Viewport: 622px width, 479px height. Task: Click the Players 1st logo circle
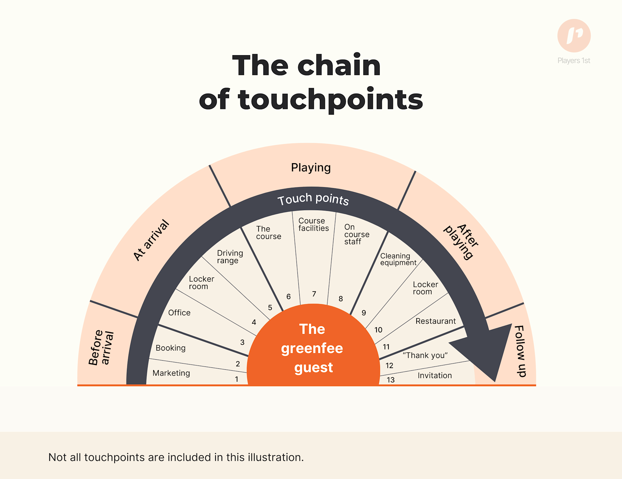[x=574, y=36]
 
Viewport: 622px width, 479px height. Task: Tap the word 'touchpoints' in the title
[x=330, y=100]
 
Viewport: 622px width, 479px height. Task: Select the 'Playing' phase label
[x=311, y=168]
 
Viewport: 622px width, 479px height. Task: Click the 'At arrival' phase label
[x=151, y=240]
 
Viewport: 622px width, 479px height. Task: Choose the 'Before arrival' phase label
[x=101, y=348]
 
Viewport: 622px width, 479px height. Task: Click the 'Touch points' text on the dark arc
[x=313, y=199]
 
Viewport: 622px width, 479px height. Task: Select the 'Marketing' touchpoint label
[x=171, y=373]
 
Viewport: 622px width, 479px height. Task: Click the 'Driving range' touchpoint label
[x=230, y=257]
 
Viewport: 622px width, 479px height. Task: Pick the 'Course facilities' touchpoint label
[x=313, y=224]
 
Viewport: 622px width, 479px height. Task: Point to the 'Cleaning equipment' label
[x=398, y=259]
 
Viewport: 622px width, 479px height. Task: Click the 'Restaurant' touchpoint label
[x=435, y=321]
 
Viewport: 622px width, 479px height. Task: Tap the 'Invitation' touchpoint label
[x=434, y=375]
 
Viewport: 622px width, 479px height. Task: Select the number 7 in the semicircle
[x=314, y=294]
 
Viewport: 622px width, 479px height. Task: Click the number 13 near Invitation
[x=390, y=380]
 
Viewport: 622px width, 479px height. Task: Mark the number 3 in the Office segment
[x=242, y=342]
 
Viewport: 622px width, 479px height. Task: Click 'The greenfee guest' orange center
[x=313, y=348]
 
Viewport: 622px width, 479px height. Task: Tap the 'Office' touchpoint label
[x=179, y=313]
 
